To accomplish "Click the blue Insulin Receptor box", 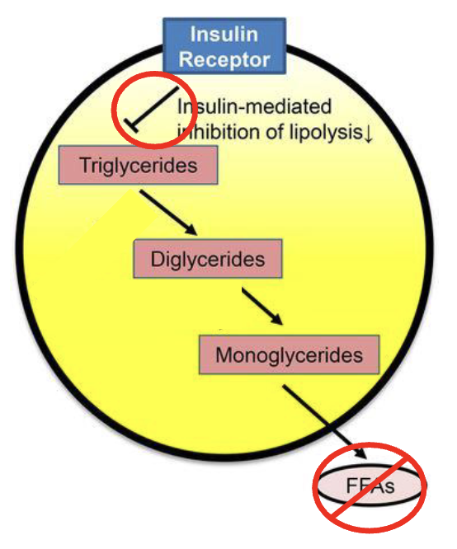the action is coord(224,46).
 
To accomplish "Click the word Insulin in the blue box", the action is coord(224,35).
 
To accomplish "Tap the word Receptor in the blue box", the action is coord(224,59).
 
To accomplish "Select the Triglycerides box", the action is coord(138,165).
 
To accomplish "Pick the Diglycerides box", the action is coord(208,259).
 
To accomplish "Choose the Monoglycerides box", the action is coord(289,355).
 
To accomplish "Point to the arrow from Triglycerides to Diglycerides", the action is coord(168,212).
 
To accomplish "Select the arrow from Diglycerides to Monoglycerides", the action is coord(262,306).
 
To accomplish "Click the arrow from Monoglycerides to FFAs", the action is coord(325,421).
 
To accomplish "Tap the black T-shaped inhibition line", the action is coord(152,110).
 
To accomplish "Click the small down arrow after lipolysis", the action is coord(368,134).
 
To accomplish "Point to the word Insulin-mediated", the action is coord(254,106).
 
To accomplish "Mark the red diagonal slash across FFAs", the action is coord(369,488).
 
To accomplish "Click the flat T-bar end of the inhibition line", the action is coord(131,125).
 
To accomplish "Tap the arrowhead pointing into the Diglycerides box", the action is coord(191,230).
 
